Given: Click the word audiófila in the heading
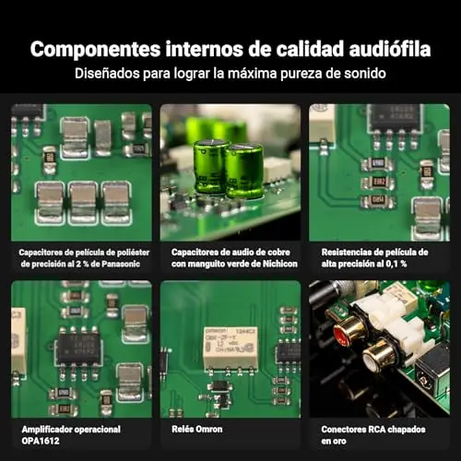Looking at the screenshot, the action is [x=389, y=49].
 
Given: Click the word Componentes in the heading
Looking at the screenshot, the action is [x=95, y=50].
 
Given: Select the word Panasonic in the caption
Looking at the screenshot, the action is [x=121, y=264].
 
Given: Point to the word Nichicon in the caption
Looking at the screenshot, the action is [x=280, y=264].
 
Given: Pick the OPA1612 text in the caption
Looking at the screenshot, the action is [x=41, y=441].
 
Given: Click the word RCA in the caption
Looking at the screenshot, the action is [x=368, y=430].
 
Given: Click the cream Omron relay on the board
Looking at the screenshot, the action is [x=230, y=348].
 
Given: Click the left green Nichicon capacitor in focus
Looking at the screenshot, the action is [x=210, y=167].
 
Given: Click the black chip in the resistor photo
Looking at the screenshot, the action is [x=394, y=118].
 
